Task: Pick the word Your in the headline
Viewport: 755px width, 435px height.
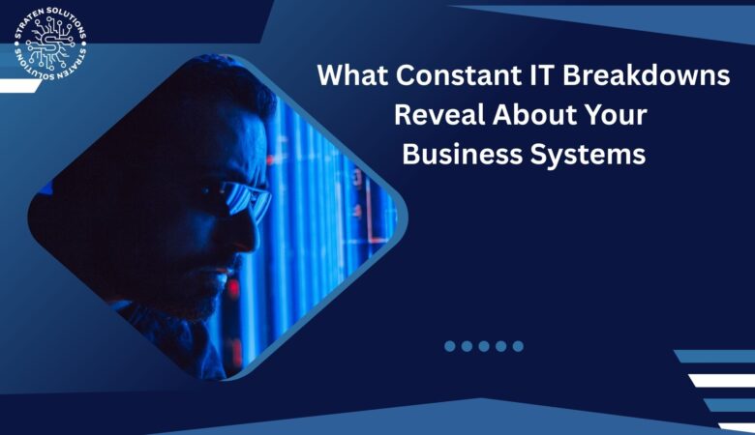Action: click(612, 115)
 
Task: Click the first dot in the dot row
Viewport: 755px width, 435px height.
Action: click(450, 346)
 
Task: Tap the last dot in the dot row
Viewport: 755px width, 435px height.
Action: click(518, 346)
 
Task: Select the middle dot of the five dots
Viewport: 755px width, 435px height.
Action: click(484, 346)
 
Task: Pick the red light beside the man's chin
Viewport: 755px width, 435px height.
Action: click(232, 287)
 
